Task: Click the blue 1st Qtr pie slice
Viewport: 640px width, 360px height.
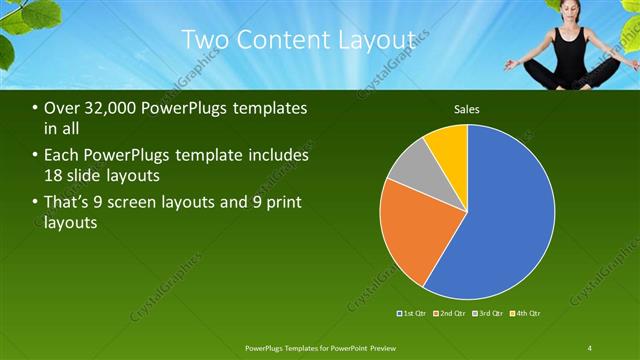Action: pos(505,220)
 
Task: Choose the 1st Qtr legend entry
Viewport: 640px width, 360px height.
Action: pos(413,313)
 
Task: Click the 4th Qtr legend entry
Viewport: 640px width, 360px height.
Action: pos(526,313)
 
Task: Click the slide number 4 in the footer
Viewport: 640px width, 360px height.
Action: pos(590,347)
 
